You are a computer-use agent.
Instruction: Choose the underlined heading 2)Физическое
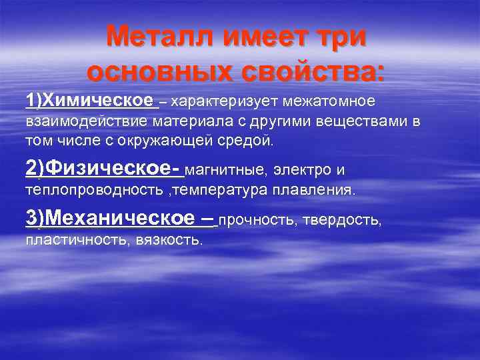click(103, 170)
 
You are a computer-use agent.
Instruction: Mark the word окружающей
click(183, 141)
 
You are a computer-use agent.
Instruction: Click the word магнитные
click(224, 171)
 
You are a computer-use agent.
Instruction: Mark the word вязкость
click(161, 239)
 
